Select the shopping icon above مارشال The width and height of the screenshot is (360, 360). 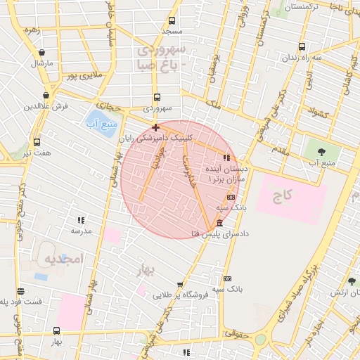point(43,53)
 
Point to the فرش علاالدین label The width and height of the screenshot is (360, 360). point(45,106)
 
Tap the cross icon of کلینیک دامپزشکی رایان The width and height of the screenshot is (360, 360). point(155,127)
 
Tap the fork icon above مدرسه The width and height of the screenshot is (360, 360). point(81,220)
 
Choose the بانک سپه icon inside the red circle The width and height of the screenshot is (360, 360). point(231,197)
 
